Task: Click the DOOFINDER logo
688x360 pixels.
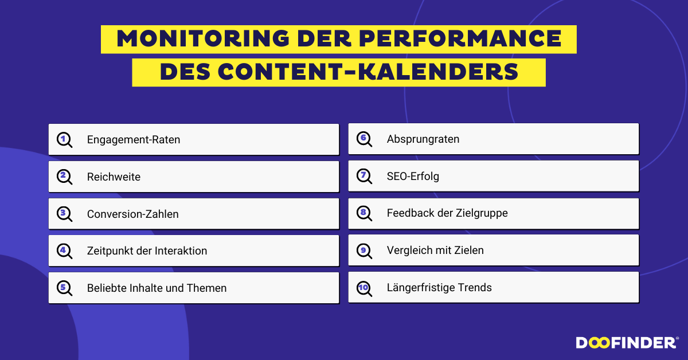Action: [x=627, y=343]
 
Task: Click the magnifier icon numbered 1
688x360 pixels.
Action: [x=64, y=140]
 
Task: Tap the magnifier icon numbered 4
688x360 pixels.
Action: [x=64, y=251]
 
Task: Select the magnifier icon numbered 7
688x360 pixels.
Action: [x=364, y=177]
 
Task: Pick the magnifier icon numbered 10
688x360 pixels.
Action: [x=364, y=288]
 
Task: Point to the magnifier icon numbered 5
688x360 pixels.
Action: [x=64, y=288]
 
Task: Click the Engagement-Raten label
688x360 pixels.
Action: [x=134, y=140]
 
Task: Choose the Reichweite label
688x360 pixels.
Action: [x=114, y=177]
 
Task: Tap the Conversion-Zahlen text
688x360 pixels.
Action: [x=132, y=214]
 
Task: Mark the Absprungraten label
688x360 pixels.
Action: [x=423, y=139]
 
